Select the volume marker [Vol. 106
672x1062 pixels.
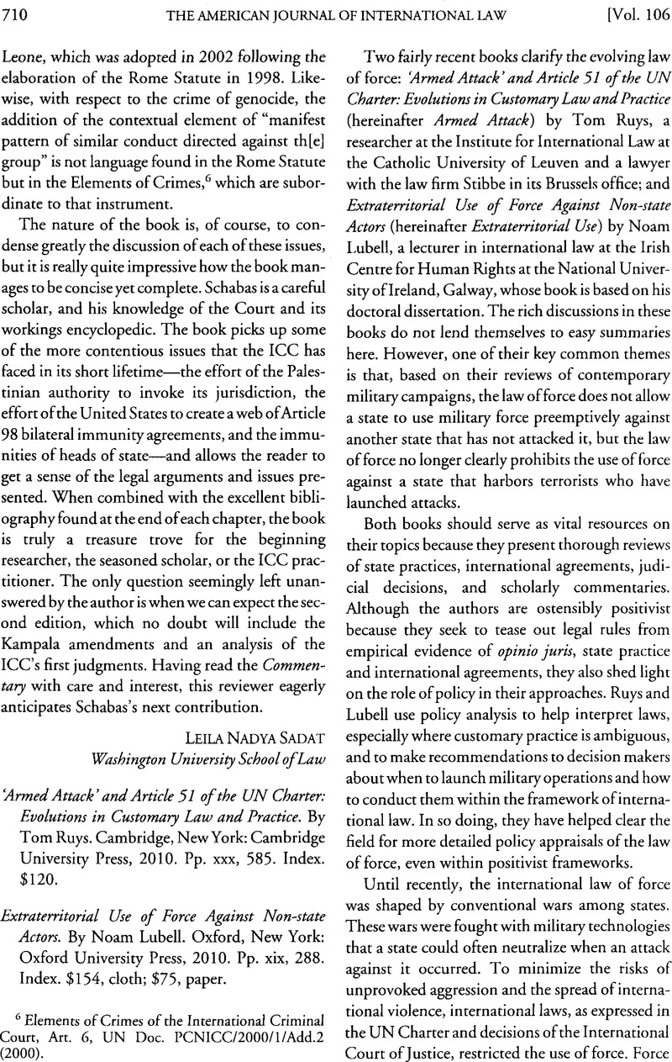[629, 11]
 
